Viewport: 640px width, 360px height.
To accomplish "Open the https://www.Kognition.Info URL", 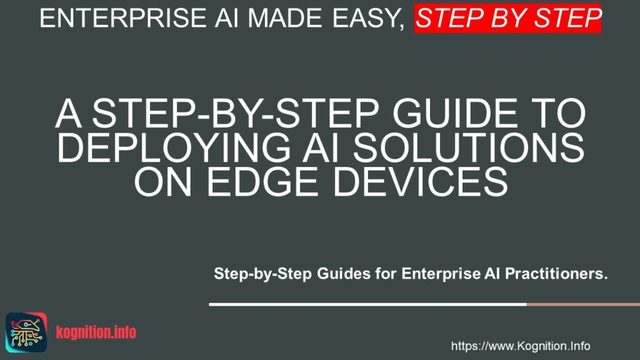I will point(521,346).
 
